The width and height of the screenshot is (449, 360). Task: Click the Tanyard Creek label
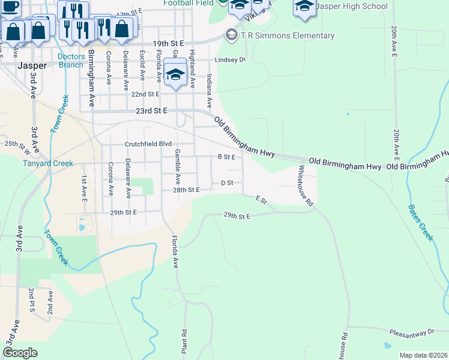click(x=48, y=163)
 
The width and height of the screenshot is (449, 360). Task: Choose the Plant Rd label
click(x=185, y=340)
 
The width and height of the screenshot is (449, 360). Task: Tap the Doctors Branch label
click(x=71, y=61)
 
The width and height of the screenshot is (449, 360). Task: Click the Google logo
click(x=20, y=353)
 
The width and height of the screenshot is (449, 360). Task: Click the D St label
click(x=227, y=182)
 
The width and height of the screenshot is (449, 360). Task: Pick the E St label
click(x=261, y=199)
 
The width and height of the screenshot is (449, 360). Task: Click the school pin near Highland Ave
click(x=175, y=74)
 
